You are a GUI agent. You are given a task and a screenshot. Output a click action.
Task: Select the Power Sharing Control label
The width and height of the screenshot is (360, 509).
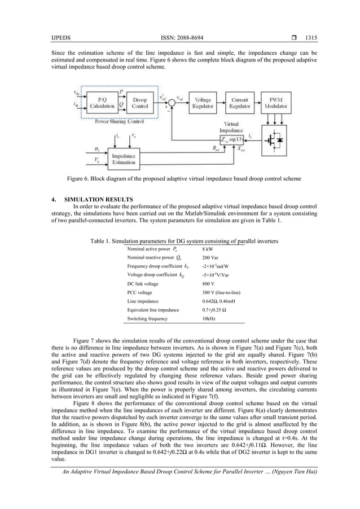click(119, 121)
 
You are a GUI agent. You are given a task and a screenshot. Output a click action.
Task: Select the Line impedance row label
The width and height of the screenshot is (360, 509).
click(144, 301)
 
